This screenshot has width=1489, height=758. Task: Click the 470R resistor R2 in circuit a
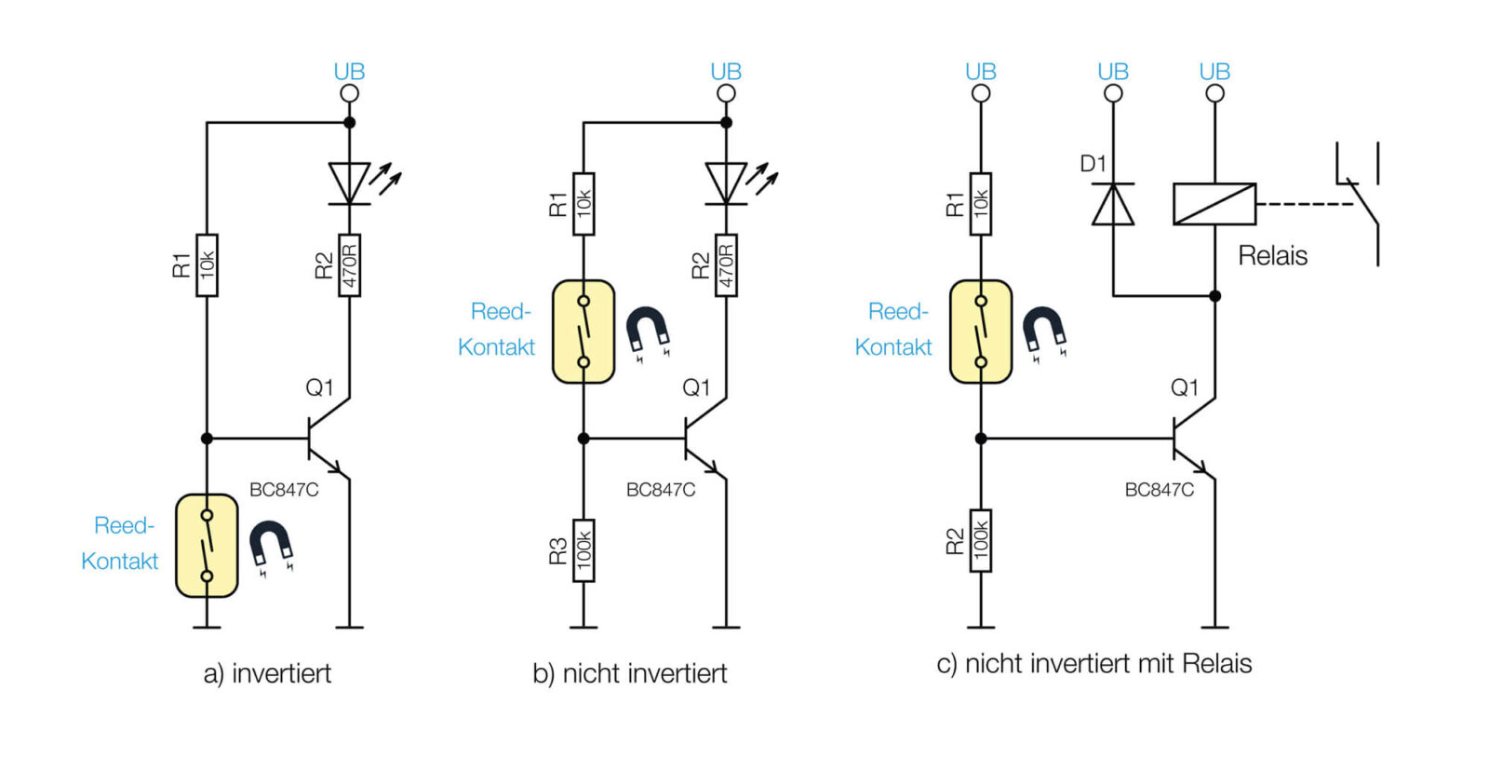pos(349,265)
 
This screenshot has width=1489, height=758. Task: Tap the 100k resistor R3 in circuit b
pos(584,550)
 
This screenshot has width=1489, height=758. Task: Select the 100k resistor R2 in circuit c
pos(981,541)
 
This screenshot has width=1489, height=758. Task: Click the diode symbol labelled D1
pos(1113,204)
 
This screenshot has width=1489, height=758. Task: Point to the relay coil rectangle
pos(1214,204)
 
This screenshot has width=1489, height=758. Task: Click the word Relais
pos(1272,256)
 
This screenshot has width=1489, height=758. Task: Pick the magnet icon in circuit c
pos(1044,332)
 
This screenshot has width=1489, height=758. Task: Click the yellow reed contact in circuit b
pos(584,332)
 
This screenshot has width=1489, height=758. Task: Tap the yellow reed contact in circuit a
pos(207,546)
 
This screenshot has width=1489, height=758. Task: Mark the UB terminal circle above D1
pos(1113,94)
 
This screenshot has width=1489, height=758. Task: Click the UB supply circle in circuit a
pos(350,94)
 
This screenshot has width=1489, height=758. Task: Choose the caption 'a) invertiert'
pos(267,674)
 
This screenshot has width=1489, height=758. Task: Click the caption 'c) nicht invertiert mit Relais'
pos(1094,664)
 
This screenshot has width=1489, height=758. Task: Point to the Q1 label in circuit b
pos(696,387)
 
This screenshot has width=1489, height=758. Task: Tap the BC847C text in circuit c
pos(1160,490)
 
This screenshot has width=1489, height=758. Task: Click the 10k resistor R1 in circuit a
pos(207,265)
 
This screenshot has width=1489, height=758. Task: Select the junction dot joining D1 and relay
pos(1215,296)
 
